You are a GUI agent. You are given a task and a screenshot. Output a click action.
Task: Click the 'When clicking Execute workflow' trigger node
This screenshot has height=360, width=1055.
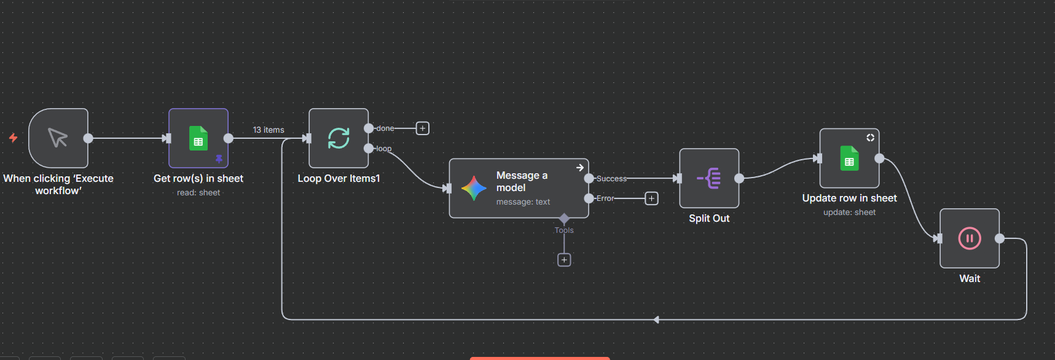(x=58, y=138)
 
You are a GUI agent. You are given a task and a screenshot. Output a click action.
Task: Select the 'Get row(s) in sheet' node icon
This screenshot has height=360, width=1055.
(x=198, y=138)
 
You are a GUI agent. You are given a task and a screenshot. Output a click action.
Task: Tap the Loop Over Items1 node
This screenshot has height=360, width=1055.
(x=339, y=138)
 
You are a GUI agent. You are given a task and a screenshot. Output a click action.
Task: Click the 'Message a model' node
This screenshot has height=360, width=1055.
(x=519, y=188)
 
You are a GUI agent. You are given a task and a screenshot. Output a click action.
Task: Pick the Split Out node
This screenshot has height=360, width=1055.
(x=709, y=178)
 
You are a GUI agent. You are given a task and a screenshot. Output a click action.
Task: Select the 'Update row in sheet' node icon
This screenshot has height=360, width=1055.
(x=849, y=158)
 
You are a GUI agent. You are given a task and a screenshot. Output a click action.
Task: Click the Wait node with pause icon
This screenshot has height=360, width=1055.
(x=970, y=238)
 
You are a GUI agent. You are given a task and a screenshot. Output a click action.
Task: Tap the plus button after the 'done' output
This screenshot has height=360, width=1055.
(x=423, y=128)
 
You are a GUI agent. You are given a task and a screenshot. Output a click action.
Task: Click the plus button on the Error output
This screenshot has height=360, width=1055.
(x=651, y=198)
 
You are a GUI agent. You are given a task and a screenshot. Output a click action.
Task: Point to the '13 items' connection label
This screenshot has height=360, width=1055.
(x=269, y=130)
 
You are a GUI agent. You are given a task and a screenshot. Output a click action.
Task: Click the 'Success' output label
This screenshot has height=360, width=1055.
(x=611, y=179)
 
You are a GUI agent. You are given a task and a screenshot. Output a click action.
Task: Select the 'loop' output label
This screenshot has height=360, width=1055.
(x=384, y=149)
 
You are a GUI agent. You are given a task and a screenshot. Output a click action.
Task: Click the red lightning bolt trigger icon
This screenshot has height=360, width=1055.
(x=13, y=138)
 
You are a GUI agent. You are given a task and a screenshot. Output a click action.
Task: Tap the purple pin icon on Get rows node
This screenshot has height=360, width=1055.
(x=219, y=159)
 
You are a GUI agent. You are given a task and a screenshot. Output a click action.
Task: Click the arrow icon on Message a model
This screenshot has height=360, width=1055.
(x=580, y=167)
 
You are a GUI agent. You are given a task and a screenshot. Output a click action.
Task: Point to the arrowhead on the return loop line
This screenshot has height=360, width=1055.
(x=656, y=319)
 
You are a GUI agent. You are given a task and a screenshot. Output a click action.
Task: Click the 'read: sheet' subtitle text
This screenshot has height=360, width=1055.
(x=198, y=193)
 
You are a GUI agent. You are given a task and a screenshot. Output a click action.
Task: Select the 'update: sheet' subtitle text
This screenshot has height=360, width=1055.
(x=849, y=213)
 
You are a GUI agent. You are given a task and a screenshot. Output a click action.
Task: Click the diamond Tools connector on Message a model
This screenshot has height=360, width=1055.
(x=564, y=218)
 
